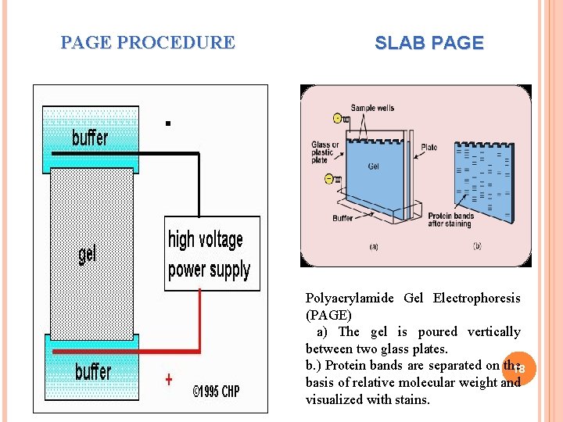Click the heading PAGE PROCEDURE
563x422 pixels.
click(x=148, y=43)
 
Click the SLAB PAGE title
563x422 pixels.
click(x=429, y=44)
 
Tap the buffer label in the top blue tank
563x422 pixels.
click(x=90, y=138)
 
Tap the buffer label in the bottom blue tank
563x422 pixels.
click(x=93, y=371)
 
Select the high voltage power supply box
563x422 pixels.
click(x=211, y=254)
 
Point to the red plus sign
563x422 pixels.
click(x=169, y=380)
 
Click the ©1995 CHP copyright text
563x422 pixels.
click(x=216, y=392)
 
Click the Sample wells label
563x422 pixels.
click(x=374, y=108)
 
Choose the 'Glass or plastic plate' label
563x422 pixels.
click(x=325, y=152)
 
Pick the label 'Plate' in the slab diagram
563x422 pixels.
click(x=429, y=147)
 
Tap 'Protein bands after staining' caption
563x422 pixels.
click(x=450, y=220)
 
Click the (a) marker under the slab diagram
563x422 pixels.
click(x=373, y=247)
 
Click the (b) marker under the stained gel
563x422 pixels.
click(x=477, y=247)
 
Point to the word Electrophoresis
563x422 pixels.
click(x=476, y=298)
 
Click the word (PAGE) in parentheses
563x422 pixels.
click(x=328, y=315)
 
